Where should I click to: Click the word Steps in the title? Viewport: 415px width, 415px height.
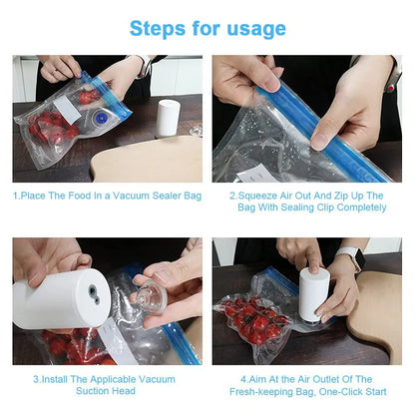pyautogui.click(x=159, y=27)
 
